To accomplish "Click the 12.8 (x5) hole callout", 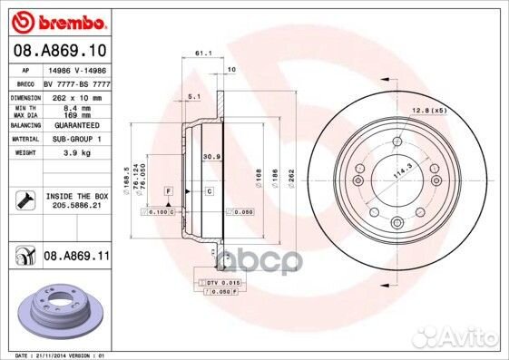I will [x=427, y=110].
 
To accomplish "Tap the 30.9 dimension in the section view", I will [x=209, y=157].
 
